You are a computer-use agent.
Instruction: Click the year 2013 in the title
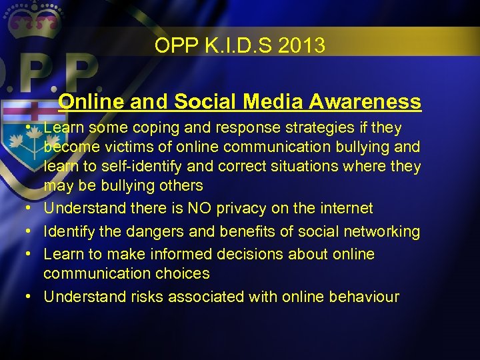coord(304,46)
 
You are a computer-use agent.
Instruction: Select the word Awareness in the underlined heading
coord(365,101)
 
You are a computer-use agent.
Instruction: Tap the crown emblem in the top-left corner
coord(32,19)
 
